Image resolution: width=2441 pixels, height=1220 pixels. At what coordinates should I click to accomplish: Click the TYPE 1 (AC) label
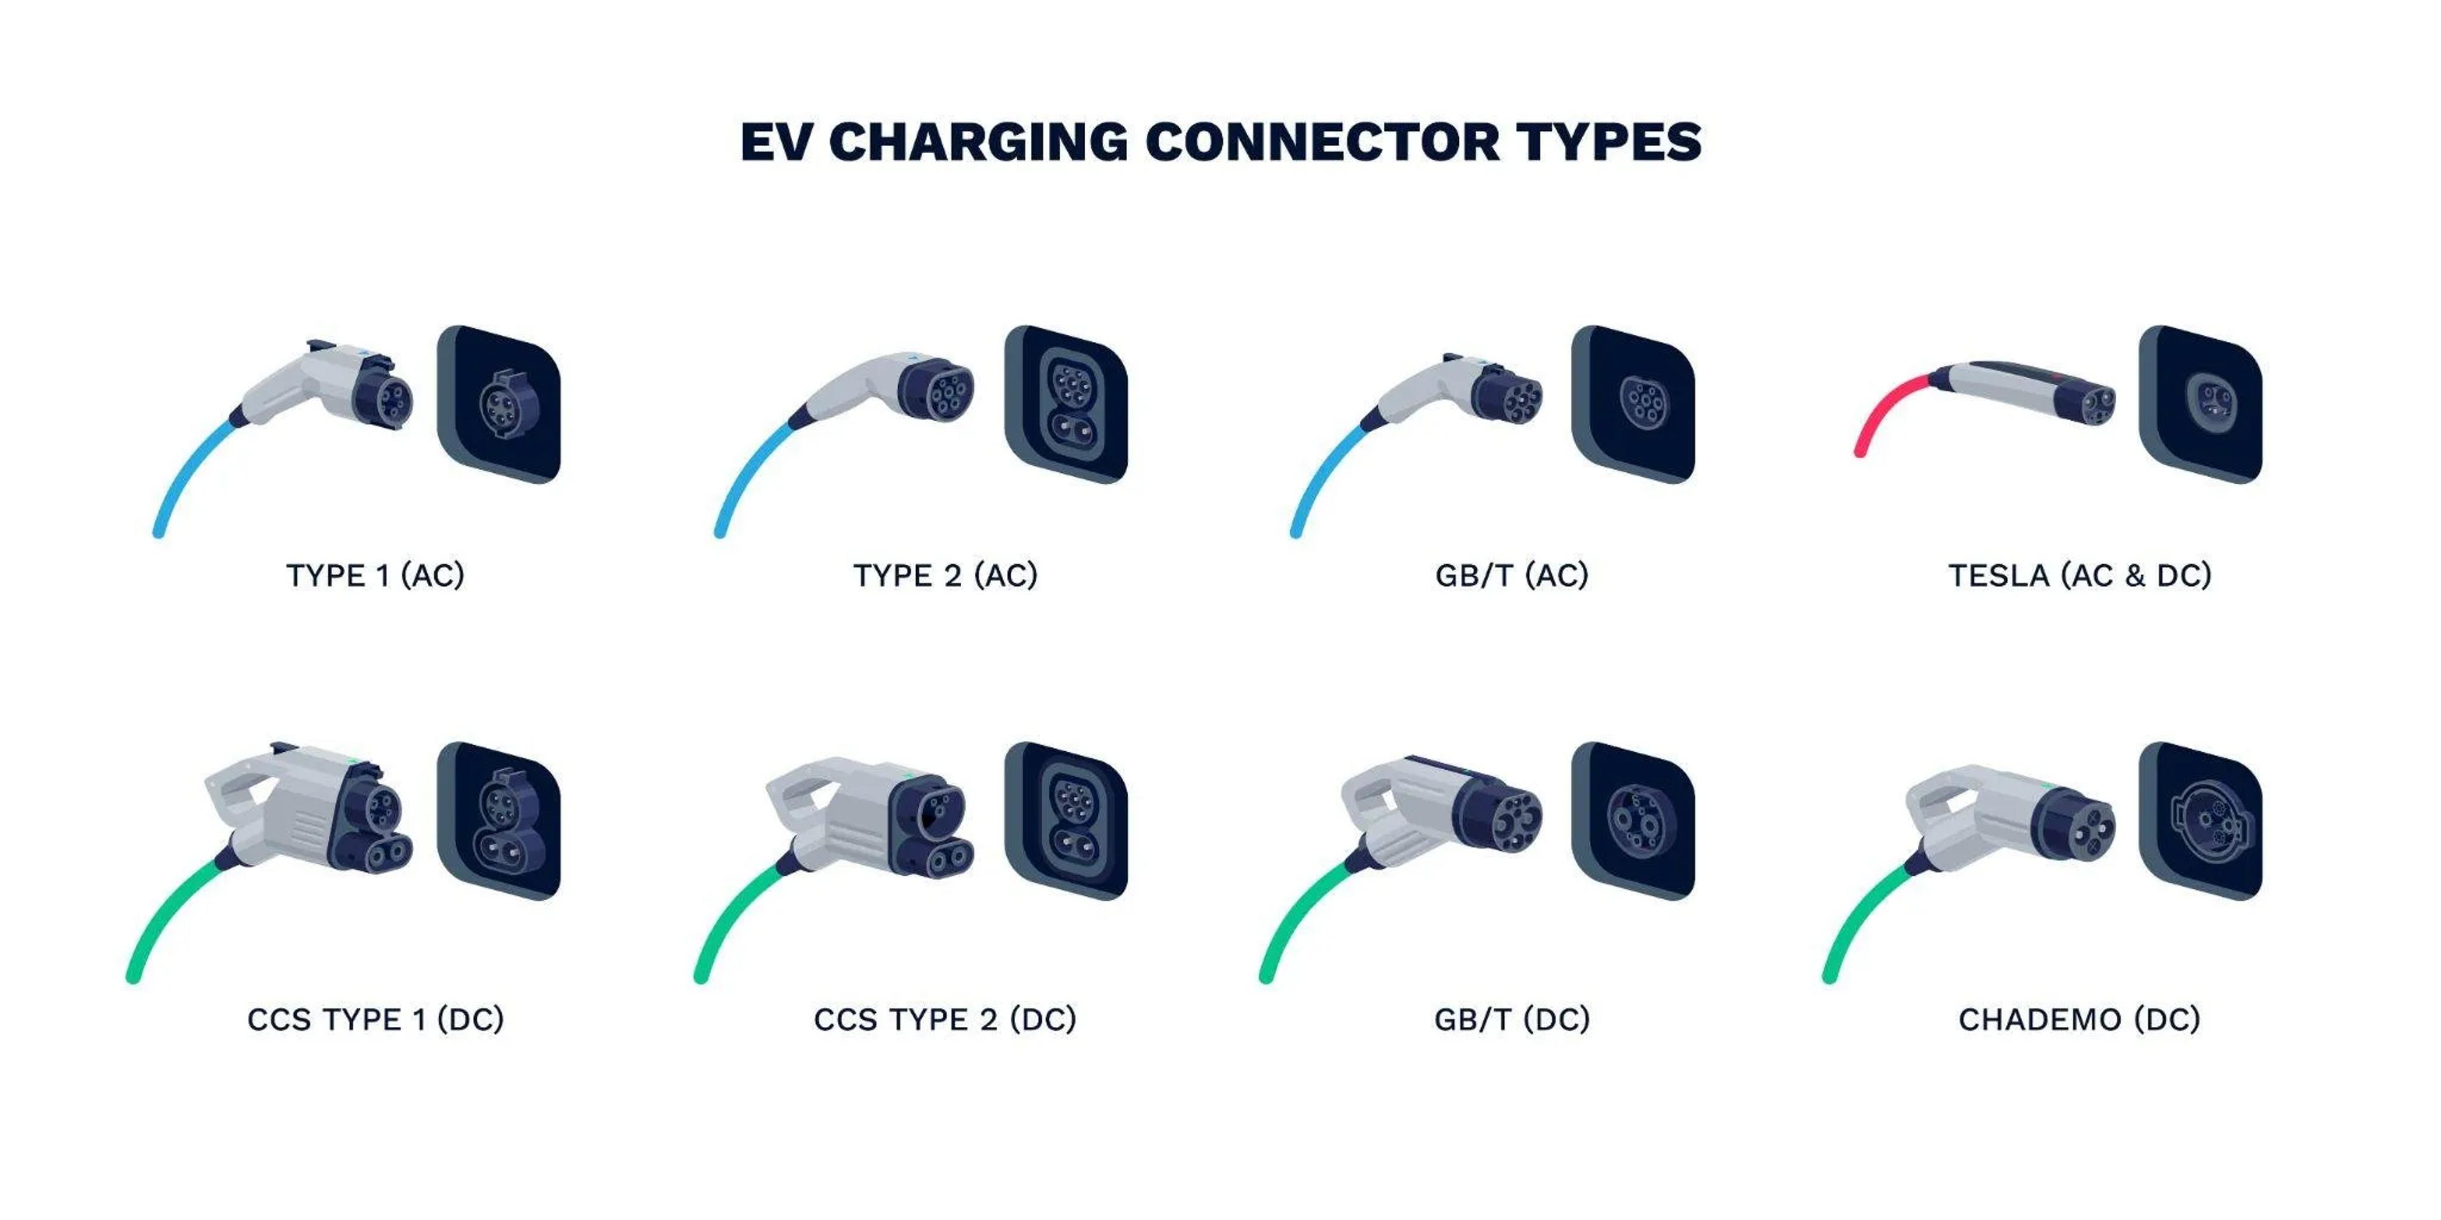375,575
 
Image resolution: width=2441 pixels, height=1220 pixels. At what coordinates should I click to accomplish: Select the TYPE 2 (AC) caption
945,575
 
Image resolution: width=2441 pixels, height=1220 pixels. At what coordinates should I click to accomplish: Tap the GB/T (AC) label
1512,575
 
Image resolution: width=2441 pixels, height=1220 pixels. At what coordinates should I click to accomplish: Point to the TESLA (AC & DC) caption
2079,575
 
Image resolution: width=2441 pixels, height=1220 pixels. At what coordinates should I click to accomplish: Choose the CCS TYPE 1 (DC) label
375,1019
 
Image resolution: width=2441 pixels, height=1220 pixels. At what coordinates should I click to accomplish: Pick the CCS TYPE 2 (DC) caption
945,1019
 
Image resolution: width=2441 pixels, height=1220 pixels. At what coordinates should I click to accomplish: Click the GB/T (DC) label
1512,1019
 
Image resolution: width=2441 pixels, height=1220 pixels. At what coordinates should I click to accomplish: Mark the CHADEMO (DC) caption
2079,1019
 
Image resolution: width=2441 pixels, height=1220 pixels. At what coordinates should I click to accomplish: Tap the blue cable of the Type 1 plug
189,473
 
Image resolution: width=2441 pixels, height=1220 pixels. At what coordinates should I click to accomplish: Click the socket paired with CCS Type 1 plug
500,820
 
